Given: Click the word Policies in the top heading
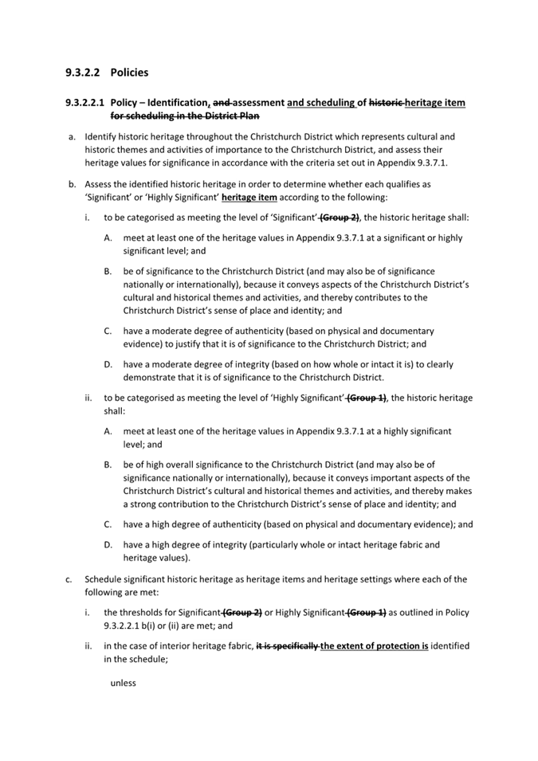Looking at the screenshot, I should tap(129, 73).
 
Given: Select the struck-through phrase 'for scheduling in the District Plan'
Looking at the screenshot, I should tap(192, 116).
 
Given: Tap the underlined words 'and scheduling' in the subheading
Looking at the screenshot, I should tap(320, 103).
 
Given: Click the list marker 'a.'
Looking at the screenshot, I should tap(72, 137).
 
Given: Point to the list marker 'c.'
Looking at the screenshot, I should tap(72, 579).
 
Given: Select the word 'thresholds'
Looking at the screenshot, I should tap(146, 613).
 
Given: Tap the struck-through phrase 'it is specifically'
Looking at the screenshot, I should tap(287, 646).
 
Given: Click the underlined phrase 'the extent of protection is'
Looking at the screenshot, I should tap(375, 646).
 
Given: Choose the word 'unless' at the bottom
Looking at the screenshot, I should tap(124, 683).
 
